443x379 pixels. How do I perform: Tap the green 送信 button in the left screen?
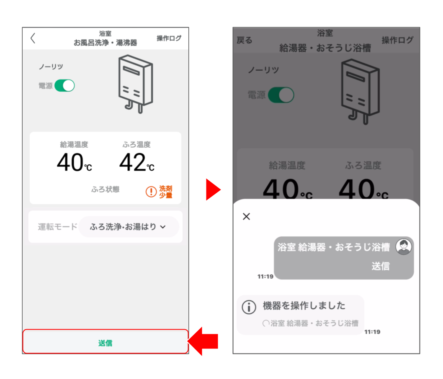(x=106, y=341)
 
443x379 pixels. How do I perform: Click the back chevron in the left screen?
(x=33, y=38)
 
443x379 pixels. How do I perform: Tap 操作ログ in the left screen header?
(x=169, y=38)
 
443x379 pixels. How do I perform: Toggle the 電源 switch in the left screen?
(x=65, y=85)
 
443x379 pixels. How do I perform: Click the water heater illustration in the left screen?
(x=136, y=84)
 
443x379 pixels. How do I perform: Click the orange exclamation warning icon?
(x=151, y=192)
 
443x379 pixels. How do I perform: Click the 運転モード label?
(x=58, y=227)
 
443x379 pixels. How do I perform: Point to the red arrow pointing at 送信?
(x=203, y=341)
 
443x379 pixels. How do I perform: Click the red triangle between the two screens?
(x=213, y=189)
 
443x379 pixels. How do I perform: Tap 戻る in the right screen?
(x=245, y=40)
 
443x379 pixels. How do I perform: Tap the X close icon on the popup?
(x=246, y=216)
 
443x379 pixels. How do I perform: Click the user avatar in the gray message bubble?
(x=404, y=246)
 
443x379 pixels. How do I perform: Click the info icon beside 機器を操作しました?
(x=249, y=307)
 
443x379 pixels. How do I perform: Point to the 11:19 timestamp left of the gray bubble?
(x=265, y=276)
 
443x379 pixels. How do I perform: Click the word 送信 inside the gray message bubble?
(x=381, y=266)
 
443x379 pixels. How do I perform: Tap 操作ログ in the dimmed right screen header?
(x=397, y=40)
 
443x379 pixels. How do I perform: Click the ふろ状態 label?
(x=106, y=189)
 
